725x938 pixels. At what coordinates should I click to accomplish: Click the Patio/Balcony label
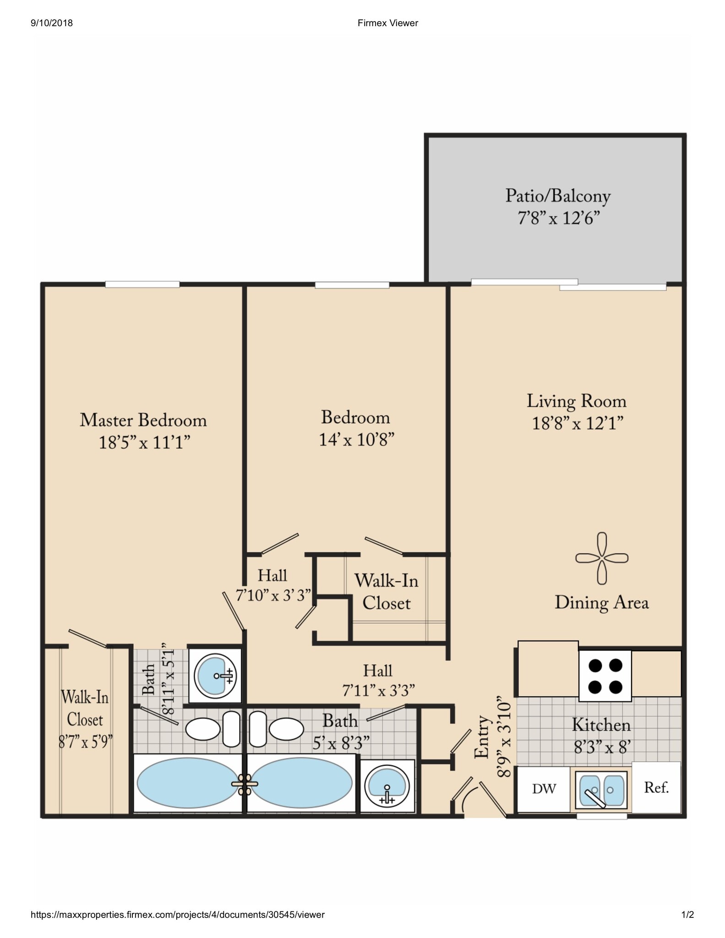coord(557,196)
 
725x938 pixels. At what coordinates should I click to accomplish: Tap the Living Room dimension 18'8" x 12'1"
coord(577,423)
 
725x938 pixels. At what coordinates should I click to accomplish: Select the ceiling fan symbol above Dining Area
coord(602,558)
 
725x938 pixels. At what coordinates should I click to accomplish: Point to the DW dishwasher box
coord(544,789)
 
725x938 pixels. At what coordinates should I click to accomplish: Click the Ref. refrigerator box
coord(656,788)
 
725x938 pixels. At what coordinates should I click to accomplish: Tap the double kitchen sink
coord(601,791)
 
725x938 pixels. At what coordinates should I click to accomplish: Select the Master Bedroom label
coord(143,420)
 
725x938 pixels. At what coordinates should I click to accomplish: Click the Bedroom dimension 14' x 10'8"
coord(356,440)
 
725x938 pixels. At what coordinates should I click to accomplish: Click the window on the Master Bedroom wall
coord(142,284)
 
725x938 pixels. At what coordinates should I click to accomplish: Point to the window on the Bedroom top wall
coord(352,285)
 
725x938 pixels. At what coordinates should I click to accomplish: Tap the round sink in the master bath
coord(215,676)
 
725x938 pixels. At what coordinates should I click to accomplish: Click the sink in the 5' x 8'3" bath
coord(387,786)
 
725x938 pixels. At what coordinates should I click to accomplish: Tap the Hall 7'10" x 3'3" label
coord(273,585)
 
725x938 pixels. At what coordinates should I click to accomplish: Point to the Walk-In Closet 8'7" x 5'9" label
coord(85,719)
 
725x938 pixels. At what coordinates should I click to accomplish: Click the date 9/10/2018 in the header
coord(51,23)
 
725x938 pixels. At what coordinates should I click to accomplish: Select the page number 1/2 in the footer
coord(687,915)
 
